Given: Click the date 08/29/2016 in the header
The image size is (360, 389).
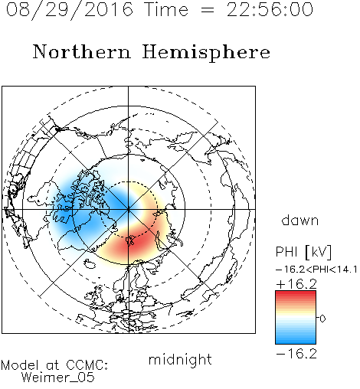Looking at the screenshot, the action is pos(70,10).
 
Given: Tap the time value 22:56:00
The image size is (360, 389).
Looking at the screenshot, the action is pos(270,10).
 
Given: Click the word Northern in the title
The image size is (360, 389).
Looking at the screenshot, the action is pos(82,52).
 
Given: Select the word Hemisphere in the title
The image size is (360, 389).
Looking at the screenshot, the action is pos(206,53).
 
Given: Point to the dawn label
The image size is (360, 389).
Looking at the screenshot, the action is pos(300,220).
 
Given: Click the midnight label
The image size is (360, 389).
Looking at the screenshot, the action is pos(180,359).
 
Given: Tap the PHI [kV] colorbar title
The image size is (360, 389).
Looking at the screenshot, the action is pos(303,252).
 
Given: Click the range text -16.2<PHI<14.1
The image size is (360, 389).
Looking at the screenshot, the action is pos(316,270).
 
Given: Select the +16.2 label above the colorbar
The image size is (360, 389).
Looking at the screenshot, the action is pos(296,284).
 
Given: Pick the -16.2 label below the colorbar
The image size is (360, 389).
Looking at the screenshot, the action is pos(296,354).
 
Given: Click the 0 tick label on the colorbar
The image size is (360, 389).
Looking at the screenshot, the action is pos(322,319).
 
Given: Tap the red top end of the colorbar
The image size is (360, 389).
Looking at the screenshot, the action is pos(296,293).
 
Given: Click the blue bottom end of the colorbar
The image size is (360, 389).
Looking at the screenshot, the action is pos(296,342).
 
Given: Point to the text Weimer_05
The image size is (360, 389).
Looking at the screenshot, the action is pos(58,378).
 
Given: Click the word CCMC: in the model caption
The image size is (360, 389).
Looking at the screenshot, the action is pos(87,365).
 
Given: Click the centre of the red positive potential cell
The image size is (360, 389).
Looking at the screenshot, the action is pos(133,241).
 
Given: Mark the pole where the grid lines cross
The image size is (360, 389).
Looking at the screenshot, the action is pos(129,209).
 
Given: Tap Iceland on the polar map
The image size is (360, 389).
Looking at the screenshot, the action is pos(90,263).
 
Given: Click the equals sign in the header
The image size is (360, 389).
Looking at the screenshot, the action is pos(208,10).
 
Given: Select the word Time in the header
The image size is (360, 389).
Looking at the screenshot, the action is pos(166,9).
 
